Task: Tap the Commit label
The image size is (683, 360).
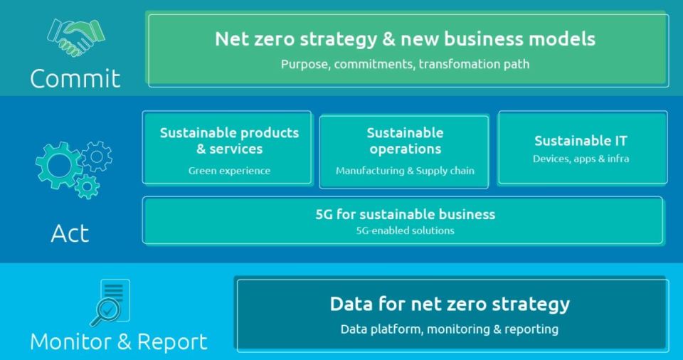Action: [x=75, y=79]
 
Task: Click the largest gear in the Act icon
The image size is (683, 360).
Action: [x=59, y=165]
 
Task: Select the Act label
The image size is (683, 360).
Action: [x=70, y=233]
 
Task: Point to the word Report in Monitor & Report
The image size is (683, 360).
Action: [x=172, y=342]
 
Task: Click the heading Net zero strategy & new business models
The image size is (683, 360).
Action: [x=405, y=39]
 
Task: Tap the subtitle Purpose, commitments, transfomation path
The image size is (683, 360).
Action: [x=405, y=64]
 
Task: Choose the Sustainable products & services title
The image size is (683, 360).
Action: [x=230, y=140]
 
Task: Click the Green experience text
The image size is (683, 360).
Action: [x=230, y=171]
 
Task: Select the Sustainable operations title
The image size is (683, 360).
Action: [x=405, y=140]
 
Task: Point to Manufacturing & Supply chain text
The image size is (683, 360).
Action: [x=405, y=171]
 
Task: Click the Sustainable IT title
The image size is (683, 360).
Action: [x=581, y=140]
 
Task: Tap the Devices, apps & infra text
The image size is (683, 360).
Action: [x=581, y=159]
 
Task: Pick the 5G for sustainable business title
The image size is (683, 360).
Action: [x=405, y=214]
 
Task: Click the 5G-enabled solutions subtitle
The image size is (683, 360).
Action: [x=405, y=231]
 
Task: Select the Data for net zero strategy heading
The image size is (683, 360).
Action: [x=450, y=304]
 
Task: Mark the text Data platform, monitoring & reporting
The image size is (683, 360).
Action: [x=450, y=329]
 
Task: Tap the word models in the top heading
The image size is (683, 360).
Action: [x=562, y=39]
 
